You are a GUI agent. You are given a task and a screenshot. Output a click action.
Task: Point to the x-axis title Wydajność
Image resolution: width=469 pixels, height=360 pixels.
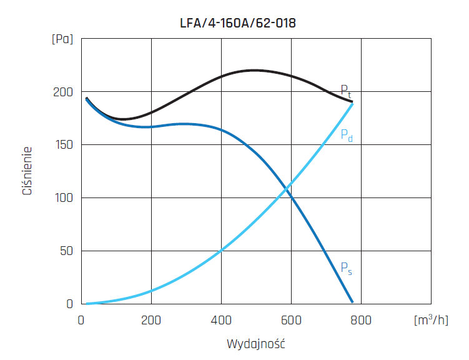click(x=255, y=344)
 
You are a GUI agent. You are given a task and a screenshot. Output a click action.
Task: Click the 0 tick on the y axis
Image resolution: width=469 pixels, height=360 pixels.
click(x=70, y=304)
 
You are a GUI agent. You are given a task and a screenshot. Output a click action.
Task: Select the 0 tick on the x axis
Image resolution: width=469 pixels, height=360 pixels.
click(x=82, y=321)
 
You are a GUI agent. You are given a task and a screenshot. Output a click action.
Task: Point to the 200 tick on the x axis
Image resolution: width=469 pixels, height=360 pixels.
click(x=151, y=321)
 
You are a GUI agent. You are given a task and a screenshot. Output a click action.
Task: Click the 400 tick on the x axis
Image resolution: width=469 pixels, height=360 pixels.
click(x=221, y=321)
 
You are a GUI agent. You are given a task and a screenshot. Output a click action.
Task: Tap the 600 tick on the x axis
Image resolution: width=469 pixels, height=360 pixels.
click(x=291, y=321)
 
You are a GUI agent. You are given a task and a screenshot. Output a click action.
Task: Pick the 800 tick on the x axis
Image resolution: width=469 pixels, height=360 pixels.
click(x=360, y=321)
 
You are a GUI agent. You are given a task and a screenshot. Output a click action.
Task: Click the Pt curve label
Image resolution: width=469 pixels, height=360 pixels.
click(x=346, y=91)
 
